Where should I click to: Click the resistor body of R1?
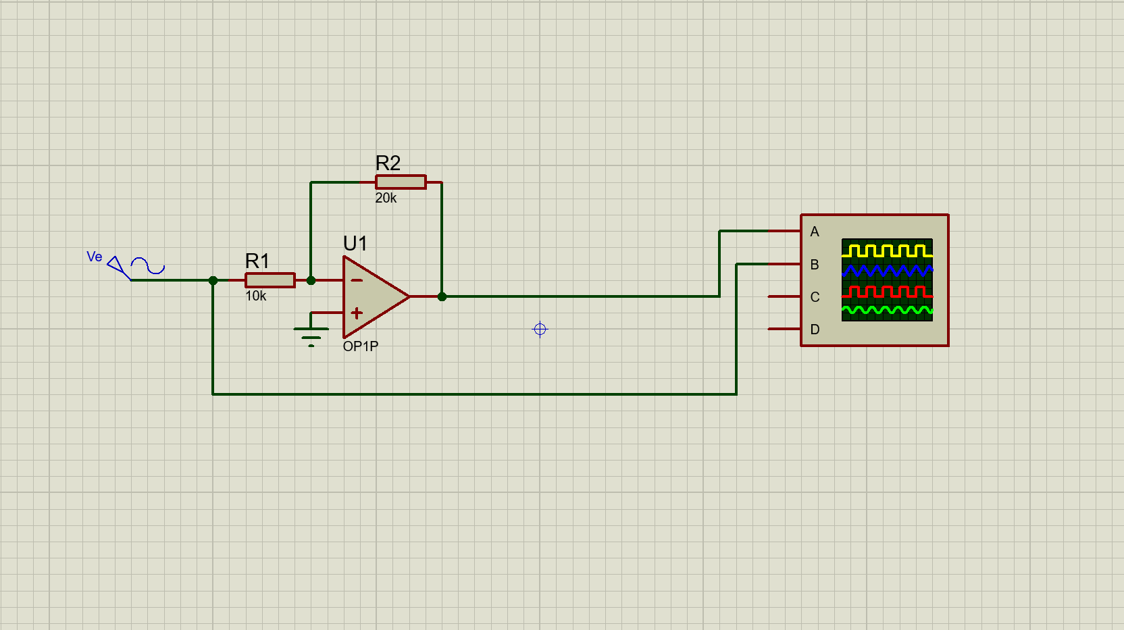[x=270, y=280]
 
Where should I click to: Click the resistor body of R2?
[x=401, y=182]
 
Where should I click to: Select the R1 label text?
[x=257, y=261]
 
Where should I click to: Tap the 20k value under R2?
[x=386, y=198]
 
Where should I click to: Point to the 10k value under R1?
[x=255, y=296]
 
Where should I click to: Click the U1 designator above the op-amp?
[x=355, y=243]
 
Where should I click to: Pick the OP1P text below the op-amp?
[x=360, y=346]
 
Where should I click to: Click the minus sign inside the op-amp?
[x=357, y=280]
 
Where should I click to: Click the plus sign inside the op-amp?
[x=357, y=313]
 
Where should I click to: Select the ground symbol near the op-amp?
[x=311, y=334]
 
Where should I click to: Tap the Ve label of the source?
[x=95, y=257]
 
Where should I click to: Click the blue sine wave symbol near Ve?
[x=148, y=265]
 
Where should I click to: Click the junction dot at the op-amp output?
[x=442, y=296]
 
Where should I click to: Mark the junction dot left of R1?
[x=213, y=280]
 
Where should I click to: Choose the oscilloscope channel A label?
[x=815, y=232]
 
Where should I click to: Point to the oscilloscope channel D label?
[x=815, y=330]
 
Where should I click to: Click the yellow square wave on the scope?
[x=887, y=251]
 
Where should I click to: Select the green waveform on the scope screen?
[x=887, y=311]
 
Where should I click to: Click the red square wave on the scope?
[x=887, y=292]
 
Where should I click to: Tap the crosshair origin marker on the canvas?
[x=540, y=329]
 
